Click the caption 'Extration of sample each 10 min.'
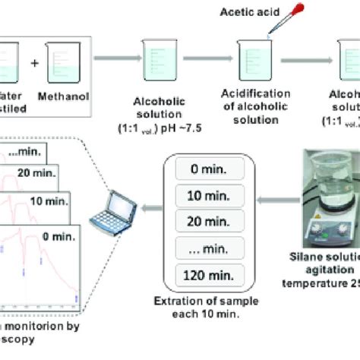point(204,311)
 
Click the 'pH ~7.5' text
point(179,125)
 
